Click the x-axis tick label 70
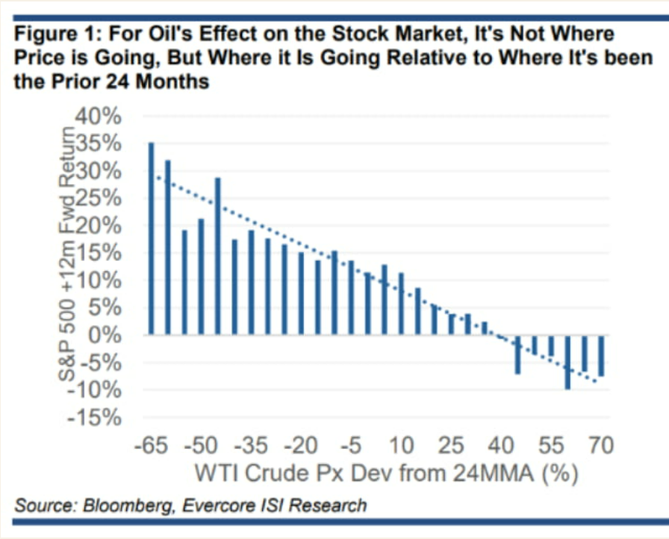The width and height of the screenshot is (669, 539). pos(600,446)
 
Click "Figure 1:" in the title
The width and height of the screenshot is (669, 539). pos(56,34)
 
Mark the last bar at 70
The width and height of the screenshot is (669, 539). pos(600,355)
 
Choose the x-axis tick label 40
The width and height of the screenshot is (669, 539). pos(501,446)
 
